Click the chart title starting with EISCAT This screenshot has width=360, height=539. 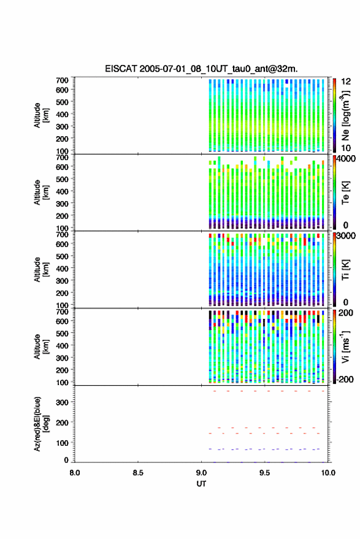(x=201, y=69)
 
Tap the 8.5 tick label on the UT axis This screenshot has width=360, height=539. (x=138, y=473)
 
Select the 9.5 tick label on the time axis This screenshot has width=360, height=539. (x=264, y=473)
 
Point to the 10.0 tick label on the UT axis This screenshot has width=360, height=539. (x=328, y=473)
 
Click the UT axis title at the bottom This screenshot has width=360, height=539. (x=201, y=484)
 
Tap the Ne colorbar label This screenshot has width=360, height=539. (x=345, y=116)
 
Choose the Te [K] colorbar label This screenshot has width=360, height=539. (x=345, y=193)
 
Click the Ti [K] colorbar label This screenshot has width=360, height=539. (x=345, y=270)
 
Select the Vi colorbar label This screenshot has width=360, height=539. (x=345, y=346)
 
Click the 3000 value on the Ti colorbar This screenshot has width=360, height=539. (x=347, y=236)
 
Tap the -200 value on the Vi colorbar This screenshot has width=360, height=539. (x=345, y=380)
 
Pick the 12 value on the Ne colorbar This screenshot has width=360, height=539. (x=346, y=82)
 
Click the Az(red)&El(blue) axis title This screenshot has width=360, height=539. (x=41, y=424)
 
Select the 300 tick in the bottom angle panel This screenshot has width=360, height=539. (x=62, y=402)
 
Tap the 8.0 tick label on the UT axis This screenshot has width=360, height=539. (x=75, y=473)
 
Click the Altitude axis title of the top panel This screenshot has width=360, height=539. (x=41, y=115)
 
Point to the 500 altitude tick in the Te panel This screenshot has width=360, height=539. (x=62, y=179)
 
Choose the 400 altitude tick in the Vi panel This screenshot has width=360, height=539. (x=62, y=345)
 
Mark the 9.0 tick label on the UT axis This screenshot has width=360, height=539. (x=201, y=473)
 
